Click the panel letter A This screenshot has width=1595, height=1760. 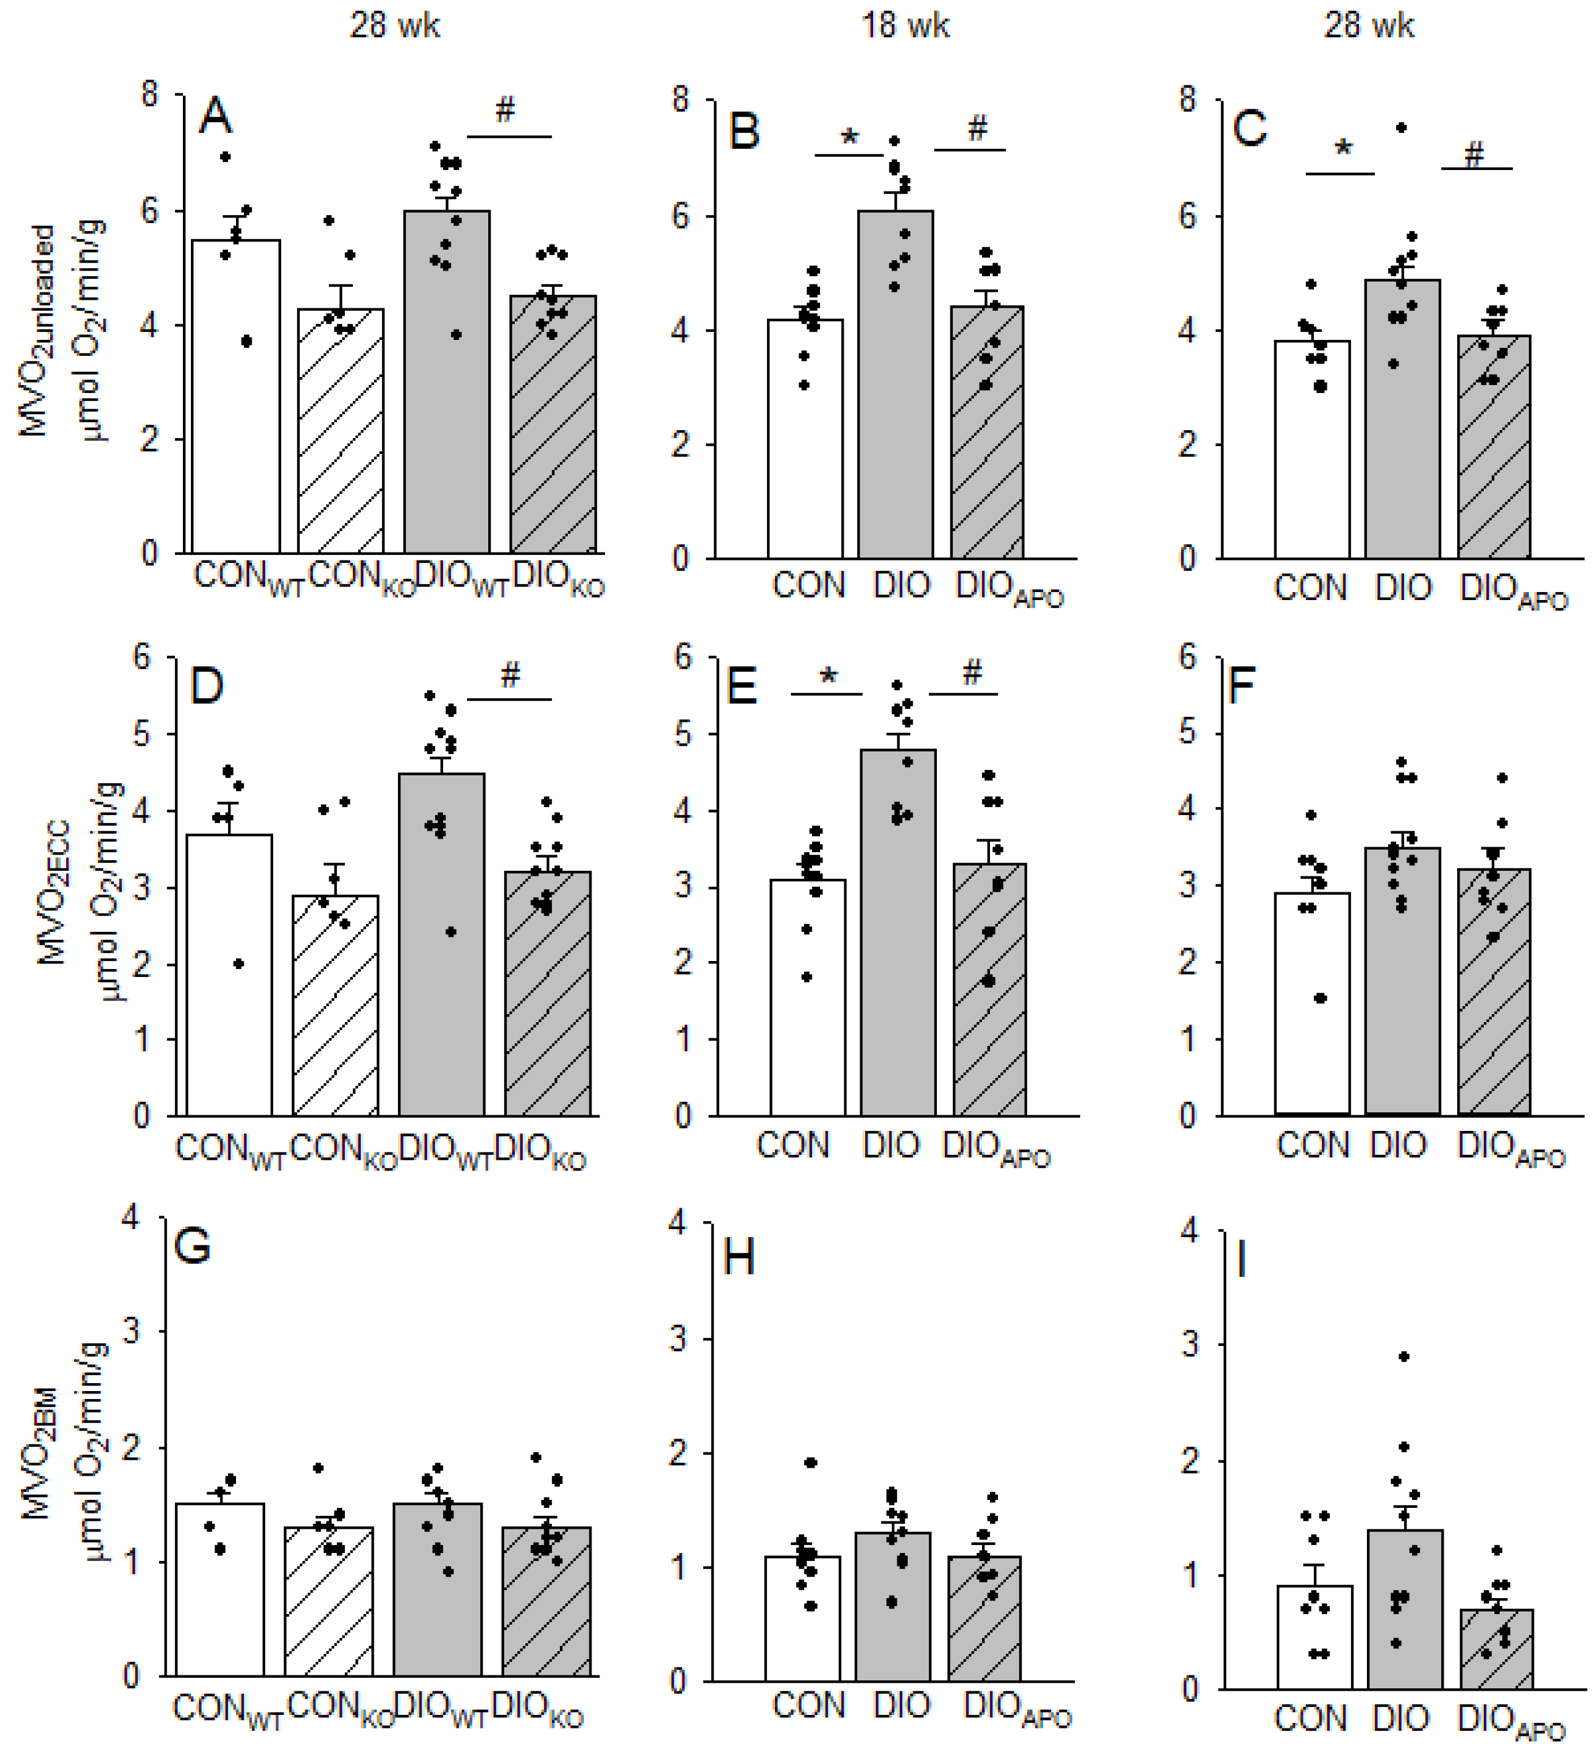[x=216, y=116]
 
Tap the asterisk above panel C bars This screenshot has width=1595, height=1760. [x=1343, y=148]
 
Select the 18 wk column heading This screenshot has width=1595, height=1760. [x=905, y=25]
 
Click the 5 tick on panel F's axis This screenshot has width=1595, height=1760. [x=1187, y=734]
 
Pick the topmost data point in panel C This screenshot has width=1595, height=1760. [x=1400, y=127]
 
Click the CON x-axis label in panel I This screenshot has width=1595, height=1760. [x=1309, y=1718]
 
